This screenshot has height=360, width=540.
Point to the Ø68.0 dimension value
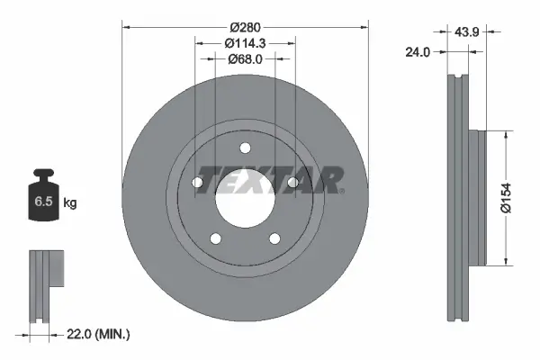[x=244, y=59]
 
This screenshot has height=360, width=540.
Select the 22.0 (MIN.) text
[x=100, y=334]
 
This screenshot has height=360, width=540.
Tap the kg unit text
[x=70, y=202]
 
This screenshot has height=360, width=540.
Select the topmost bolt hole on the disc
[x=244, y=149]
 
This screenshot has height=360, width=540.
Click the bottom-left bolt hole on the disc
[x=214, y=238]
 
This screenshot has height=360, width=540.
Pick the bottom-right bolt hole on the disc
[x=274, y=238]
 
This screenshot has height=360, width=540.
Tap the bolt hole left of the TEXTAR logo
[x=196, y=183]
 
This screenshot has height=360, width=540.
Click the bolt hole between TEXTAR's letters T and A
[x=292, y=183]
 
